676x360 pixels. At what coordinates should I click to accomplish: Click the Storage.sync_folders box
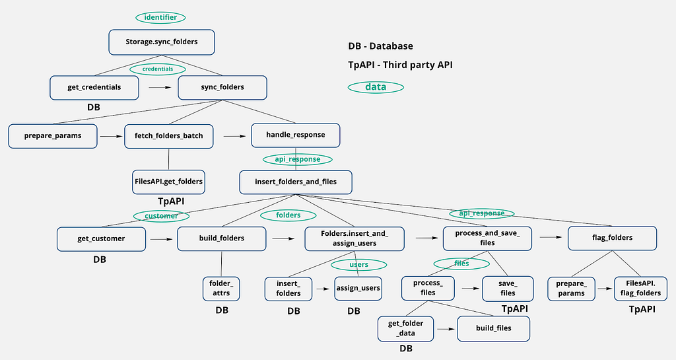[x=162, y=42]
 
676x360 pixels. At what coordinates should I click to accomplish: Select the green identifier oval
[x=161, y=17]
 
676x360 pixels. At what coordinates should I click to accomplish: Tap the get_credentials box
[x=94, y=87]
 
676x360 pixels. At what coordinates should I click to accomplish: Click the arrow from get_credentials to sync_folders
[x=160, y=87]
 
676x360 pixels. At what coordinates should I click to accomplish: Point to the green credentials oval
[x=158, y=69]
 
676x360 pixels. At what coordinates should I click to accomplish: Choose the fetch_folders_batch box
[x=169, y=136]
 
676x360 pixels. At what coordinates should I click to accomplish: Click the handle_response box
[x=296, y=135]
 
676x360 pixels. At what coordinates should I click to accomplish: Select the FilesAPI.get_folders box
[x=168, y=182]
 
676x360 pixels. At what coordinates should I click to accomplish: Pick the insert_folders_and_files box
[x=296, y=182]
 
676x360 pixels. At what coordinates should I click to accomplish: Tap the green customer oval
[x=161, y=216]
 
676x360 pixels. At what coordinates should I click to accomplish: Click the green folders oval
[x=288, y=215]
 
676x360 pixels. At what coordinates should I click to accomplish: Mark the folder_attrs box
[x=221, y=289]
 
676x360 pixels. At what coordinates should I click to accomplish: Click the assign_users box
[x=358, y=289]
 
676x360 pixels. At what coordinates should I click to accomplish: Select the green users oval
[x=358, y=264]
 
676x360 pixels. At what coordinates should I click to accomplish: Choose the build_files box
[x=494, y=328]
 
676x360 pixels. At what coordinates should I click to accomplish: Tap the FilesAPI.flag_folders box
[x=640, y=289]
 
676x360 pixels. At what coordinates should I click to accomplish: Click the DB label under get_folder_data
[x=406, y=348]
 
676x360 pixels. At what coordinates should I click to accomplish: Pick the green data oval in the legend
[x=376, y=87]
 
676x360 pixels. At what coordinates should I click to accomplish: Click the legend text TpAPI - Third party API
[x=401, y=65]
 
